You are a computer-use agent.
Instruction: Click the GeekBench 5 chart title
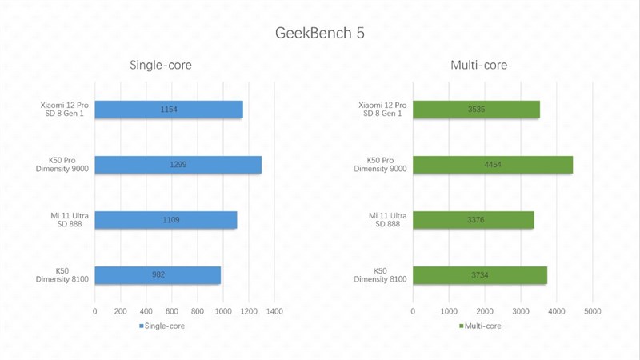click(320, 34)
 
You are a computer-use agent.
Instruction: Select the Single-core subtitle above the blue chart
click(161, 66)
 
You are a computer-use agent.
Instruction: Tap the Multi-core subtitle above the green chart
click(478, 66)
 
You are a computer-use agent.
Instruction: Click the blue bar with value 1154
click(168, 110)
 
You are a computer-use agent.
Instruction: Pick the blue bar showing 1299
click(178, 165)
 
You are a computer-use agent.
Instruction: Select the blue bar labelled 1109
click(166, 220)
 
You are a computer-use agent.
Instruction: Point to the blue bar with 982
click(158, 275)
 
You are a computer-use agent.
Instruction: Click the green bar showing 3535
click(476, 110)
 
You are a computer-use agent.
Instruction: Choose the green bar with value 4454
click(493, 165)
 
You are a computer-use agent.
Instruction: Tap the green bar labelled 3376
click(474, 220)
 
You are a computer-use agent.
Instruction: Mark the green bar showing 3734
click(480, 275)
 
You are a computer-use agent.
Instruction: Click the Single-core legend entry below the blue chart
click(162, 326)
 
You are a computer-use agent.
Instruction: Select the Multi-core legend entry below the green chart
click(482, 326)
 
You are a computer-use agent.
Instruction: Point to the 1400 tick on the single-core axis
click(274, 310)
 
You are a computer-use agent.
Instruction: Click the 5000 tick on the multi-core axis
click(592, 310)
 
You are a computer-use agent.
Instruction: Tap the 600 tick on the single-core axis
click(171, 310)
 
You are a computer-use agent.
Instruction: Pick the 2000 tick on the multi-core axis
click(485, 310)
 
